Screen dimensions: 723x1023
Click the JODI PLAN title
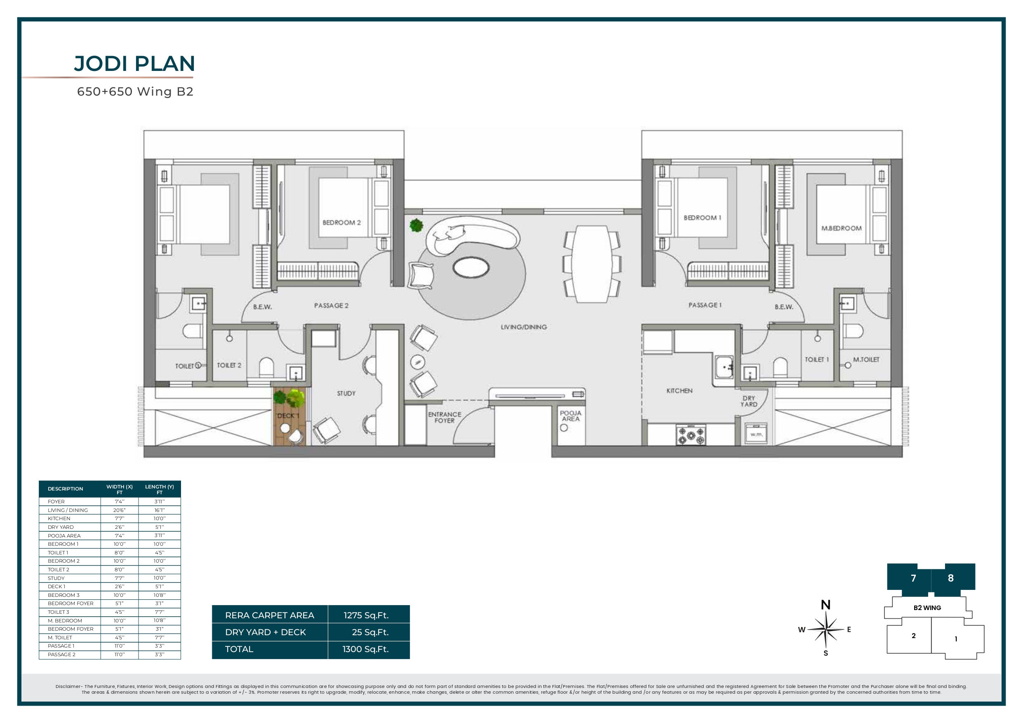click(134, 64)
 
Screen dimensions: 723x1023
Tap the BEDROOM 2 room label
click(341, 222)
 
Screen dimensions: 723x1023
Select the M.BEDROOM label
click(841, 228)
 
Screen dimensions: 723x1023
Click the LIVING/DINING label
click(524, 327)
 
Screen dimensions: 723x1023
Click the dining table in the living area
click(592, 264)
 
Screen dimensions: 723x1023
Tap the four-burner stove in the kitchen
click(691, 434)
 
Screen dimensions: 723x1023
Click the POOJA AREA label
click(570, 415)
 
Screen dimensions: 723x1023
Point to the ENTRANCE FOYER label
click(444, 418)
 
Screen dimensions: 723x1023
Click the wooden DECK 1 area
click(289, 416)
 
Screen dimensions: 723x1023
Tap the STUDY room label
click(346, 393)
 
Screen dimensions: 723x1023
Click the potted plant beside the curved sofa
click(416, 225)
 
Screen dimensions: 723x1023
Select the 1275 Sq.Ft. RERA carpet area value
click(366, 615)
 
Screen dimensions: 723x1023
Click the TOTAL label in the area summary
click(239, 649)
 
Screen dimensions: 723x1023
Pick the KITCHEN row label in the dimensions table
click(59, 519)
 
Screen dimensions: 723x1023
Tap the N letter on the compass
click(825, 605)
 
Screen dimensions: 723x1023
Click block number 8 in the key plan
click(950, 578)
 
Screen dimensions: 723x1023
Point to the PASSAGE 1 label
click(704, 305)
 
